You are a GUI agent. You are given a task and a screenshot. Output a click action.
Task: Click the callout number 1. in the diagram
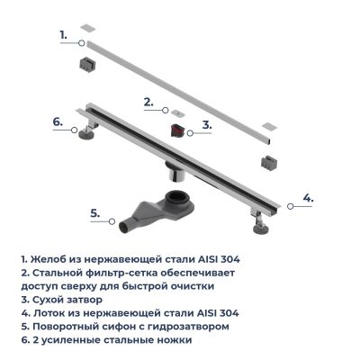63,35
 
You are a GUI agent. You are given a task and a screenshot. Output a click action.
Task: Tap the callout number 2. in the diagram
148,103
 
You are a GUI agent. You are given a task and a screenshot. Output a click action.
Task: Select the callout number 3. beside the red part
207,124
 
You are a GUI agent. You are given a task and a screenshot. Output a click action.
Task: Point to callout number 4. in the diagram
308,198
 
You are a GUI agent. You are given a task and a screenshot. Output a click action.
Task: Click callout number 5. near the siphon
95,213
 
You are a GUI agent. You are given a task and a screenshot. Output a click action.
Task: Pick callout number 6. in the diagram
58,121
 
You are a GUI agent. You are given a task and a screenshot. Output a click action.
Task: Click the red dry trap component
177,130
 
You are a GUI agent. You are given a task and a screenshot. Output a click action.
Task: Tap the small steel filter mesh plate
178,113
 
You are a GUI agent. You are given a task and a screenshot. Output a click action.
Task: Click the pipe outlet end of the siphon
124,228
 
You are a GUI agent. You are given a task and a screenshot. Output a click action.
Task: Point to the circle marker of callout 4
290,206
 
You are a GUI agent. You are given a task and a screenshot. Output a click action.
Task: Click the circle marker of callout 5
112,221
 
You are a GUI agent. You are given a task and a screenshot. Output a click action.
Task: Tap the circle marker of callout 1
81,43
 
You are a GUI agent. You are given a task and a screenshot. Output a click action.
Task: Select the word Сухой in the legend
47,300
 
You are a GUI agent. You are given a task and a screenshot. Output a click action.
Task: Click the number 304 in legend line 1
230,259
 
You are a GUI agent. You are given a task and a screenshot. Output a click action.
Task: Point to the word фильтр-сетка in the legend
127,274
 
